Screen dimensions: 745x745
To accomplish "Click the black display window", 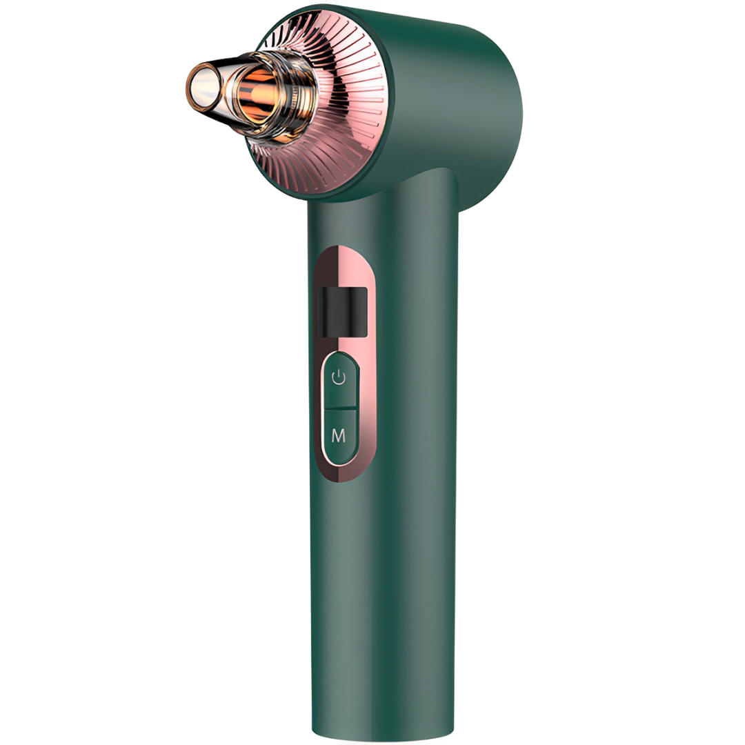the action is (343, 311).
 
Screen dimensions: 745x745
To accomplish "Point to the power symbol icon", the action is (339, 378).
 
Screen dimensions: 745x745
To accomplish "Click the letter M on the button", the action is (338, 436).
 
